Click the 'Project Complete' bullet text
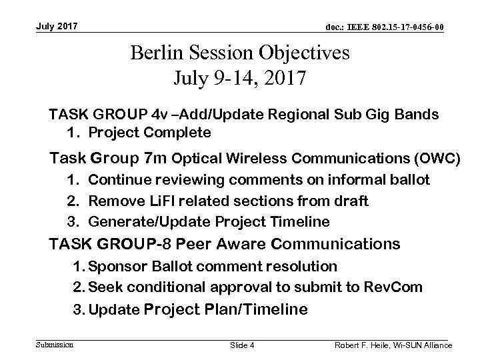point(149,133)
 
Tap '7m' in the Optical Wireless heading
point(151,158)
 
